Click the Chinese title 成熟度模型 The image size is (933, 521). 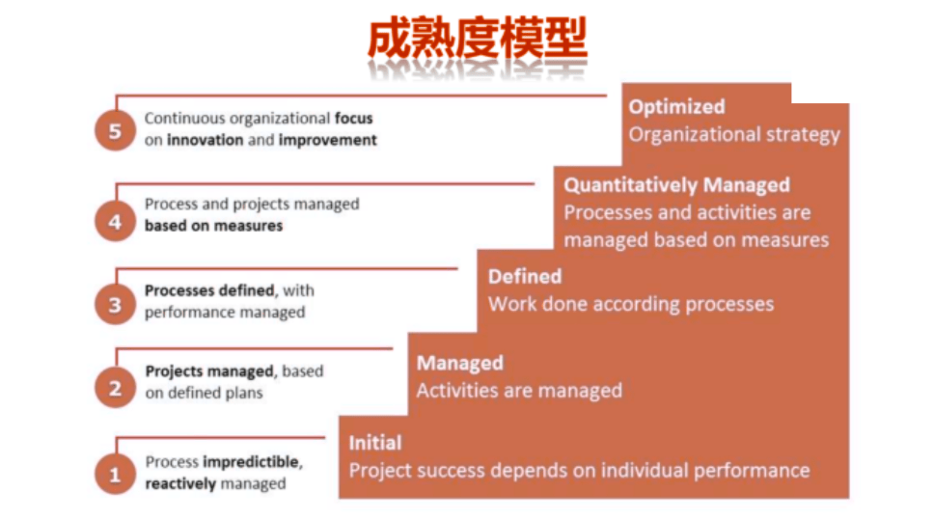(478, 40)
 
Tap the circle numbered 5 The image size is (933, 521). (116, 131)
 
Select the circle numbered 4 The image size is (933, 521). (116, 221)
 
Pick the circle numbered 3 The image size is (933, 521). (116, 305)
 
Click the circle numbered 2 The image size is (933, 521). (116, 388)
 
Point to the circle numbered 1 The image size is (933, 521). (116, 475)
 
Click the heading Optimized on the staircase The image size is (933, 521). (676, 107)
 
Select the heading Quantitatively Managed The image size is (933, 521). (676, 185)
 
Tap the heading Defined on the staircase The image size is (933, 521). (525, 277)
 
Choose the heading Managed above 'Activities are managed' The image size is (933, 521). (460, 363)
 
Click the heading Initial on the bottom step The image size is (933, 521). (375, 443)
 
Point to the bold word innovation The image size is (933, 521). (206, 140)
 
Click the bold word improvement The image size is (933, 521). (327, 140)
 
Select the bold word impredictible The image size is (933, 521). (252, 461)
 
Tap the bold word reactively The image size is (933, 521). (180, 483)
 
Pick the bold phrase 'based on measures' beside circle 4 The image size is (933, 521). (213, 226)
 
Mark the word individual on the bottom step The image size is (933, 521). (645, 471)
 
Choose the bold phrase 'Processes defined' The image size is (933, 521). (209, 290)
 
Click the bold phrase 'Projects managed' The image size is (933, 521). (209, 371)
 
